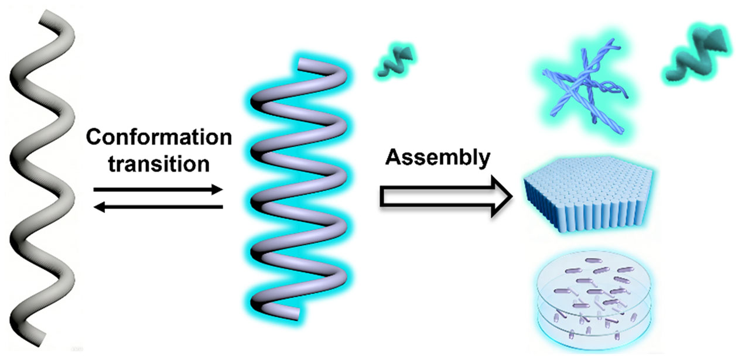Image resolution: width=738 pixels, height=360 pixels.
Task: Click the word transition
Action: tap(158, 164)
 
